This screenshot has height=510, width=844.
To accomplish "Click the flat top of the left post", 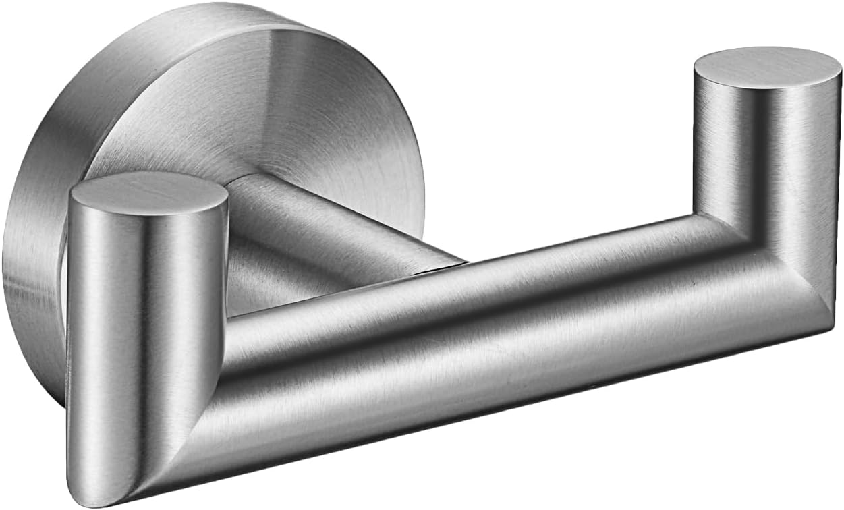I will click(148, 192).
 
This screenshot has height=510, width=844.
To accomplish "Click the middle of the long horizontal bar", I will click(486, 324).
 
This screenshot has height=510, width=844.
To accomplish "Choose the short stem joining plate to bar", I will click(324, 229).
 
